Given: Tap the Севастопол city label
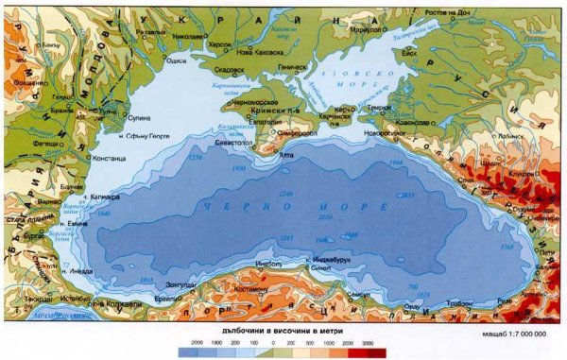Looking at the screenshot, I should (233, 142).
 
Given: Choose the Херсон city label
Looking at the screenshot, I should (220, 43).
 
